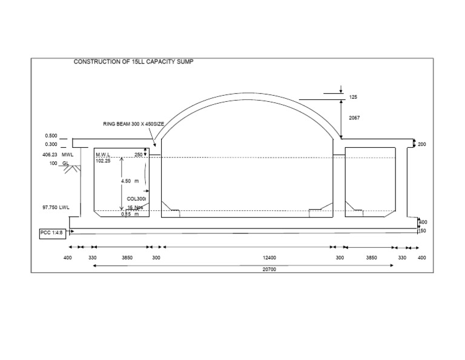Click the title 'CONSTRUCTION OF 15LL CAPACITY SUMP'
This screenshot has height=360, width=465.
(134, 62)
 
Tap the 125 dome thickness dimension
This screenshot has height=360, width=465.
(354, 97)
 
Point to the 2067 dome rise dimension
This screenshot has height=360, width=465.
(354, 118)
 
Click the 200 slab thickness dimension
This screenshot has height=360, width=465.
(422, 144)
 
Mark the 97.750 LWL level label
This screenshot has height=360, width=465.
(56, 207)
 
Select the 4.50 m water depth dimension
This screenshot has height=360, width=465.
(130, 181)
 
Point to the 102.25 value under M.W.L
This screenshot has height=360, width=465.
(104, 161)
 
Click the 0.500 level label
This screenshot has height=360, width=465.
(51, 136)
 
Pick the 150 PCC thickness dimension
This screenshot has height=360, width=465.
(423, 230)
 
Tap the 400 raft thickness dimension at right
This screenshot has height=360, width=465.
(423, 222)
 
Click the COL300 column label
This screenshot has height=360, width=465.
(137, 198)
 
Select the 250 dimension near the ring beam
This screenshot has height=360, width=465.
(139, 155)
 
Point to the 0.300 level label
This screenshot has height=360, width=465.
(51, 144)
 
